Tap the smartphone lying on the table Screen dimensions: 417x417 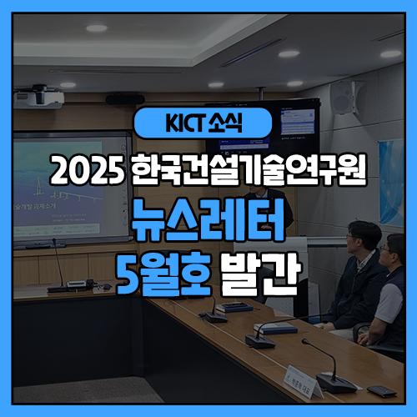click(381, 389)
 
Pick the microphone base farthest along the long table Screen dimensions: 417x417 click(214, 317)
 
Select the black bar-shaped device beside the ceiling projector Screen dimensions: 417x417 click(125, 98)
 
